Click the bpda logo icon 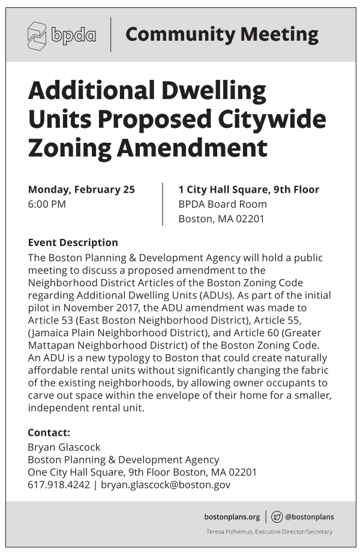point(37,35)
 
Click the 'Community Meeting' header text point(221,34)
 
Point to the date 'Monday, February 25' point(82,190)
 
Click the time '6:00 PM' point(47,204)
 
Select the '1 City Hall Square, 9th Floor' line point(248,190)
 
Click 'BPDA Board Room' point(223,204)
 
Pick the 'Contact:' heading point(49,432)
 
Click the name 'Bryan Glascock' point(64,447)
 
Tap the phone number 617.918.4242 point(58,485)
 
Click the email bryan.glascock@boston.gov point(166,485)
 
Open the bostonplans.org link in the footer point(232,517)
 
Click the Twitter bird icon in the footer point(277,517)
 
